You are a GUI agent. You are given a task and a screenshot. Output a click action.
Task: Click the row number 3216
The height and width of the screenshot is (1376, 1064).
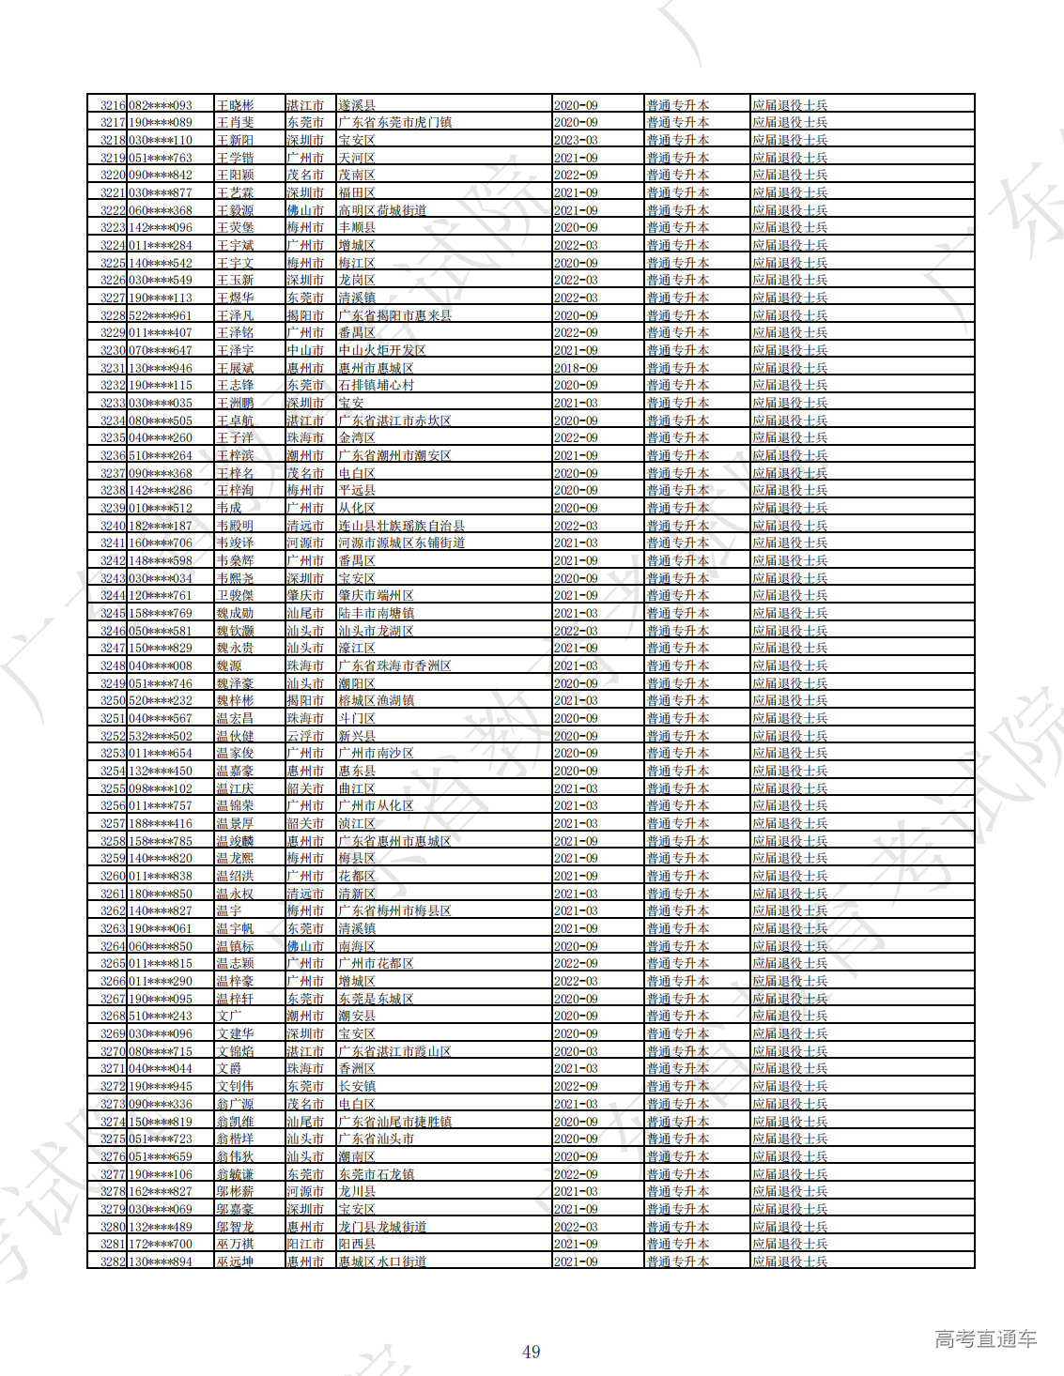tap(113, 105)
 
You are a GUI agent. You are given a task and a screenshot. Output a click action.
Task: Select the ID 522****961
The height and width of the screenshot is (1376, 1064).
tap(161, 315)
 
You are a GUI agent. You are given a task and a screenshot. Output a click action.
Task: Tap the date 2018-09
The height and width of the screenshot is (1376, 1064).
tap(575, 368)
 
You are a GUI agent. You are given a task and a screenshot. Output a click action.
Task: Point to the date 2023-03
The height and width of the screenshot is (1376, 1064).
tap(575, 140)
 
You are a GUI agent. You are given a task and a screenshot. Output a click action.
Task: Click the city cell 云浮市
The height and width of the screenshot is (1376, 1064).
tap(305, 736)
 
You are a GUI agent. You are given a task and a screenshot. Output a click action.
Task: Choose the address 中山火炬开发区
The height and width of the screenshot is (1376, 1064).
tap(382, 350)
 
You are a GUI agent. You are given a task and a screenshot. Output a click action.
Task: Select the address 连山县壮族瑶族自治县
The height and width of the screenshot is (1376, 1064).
tap(401, 526)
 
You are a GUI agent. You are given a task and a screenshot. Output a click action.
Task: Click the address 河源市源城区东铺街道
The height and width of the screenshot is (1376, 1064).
tap(401, 543)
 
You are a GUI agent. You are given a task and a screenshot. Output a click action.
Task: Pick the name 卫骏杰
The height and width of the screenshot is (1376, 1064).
tap(235, 595)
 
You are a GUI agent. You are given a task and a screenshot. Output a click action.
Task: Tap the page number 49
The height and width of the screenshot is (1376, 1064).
tap(532, 1352)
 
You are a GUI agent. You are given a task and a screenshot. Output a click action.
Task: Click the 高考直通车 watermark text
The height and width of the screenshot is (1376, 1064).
tap(985, 1339)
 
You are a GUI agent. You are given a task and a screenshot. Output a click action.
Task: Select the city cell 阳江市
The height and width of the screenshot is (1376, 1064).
tap(305, 1244)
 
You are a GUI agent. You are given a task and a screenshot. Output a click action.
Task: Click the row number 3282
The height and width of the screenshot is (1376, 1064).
tap(113, 1261)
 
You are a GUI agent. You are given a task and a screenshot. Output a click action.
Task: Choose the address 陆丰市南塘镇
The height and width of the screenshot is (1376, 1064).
tap(376, 613)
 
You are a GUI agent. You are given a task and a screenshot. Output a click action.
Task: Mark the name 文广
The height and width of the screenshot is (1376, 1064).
tap(228, 1016)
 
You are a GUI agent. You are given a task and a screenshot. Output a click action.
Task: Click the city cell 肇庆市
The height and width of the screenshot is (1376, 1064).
tap(305, 595)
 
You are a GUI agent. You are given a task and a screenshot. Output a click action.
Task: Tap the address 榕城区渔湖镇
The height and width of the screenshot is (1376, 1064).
tap(376, 700)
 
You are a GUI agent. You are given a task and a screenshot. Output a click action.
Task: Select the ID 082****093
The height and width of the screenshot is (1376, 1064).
tap(161, 105)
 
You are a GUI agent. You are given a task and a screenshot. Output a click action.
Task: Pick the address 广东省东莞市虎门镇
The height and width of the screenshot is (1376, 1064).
tap(394, 122)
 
